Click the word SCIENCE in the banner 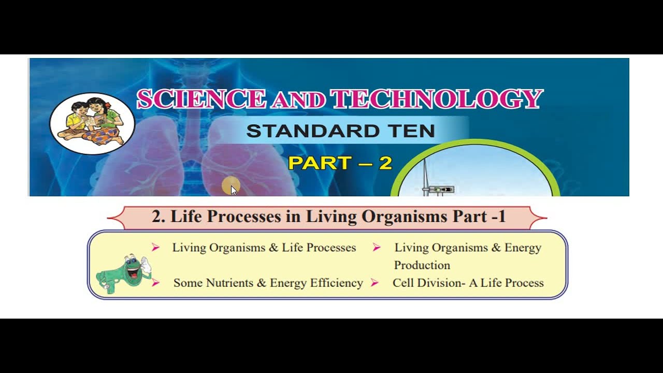201,99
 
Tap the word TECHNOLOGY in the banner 436,99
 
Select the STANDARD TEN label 340,131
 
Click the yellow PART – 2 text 340,163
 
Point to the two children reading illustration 92,123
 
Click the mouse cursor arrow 233,190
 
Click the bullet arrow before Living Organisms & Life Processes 155,248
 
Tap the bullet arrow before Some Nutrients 155,283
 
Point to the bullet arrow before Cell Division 374,283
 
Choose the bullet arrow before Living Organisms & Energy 377,248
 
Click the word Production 422,265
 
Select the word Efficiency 336,283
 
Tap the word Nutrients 229,283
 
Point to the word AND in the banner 298,101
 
